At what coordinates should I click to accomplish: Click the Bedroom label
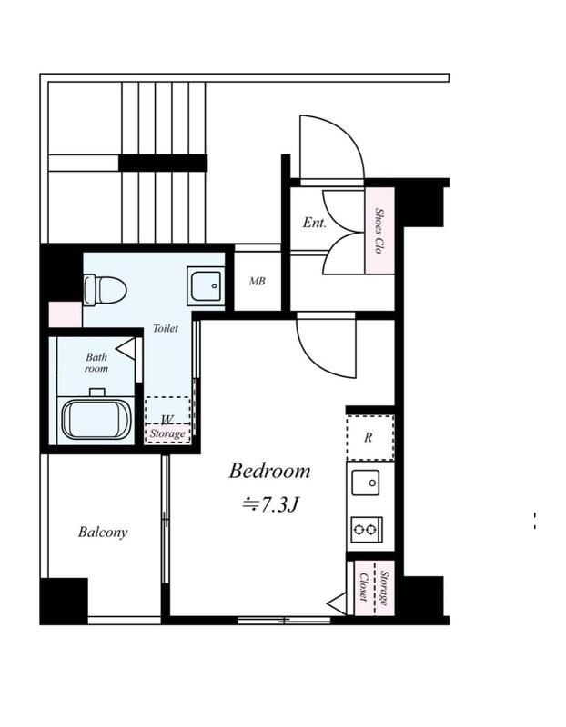269,471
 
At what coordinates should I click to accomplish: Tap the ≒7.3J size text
269,504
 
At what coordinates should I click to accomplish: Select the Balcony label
103,533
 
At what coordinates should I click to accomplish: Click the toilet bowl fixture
105,290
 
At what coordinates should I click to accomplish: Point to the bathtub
96,420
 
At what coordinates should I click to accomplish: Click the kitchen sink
366,483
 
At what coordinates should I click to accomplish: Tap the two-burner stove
367,529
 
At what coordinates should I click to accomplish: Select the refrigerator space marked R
370,438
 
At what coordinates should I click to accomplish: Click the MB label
258,281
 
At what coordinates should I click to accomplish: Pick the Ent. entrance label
314,223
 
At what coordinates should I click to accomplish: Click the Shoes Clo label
379,231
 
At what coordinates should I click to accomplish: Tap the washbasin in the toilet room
206,285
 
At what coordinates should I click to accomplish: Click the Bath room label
96,363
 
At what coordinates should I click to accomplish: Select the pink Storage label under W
167,434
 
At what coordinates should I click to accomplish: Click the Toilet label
166,328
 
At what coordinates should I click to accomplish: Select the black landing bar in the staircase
163,163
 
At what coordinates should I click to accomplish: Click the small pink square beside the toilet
66,314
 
